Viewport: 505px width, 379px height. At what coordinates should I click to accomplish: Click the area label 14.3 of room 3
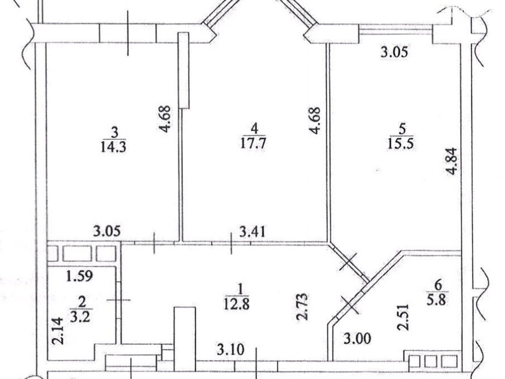pos(114,147)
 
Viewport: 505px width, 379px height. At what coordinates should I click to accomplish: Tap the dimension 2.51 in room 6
pos(403,321)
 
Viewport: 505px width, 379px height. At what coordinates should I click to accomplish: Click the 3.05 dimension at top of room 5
pos(394,51)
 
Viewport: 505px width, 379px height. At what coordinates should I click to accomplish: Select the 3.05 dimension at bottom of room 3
pos(107,231)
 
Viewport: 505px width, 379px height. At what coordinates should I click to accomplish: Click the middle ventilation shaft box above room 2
pos(77,253)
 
